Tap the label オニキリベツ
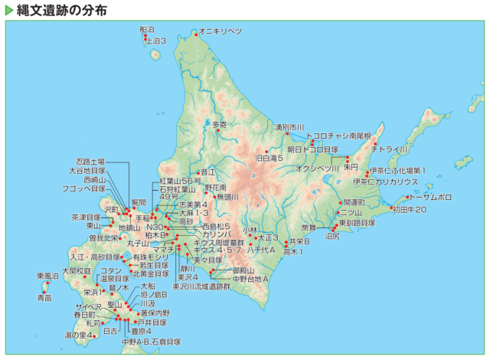[x=220, y=31]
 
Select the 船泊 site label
[x=147, y=29]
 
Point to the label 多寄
[x=219, y=124]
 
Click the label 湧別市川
[x=289, y=126]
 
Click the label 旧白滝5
[x=269, y=158]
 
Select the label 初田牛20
[x=409, y=209]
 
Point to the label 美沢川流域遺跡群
[x=201, y=286]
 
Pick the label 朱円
[x=351, y=166]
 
